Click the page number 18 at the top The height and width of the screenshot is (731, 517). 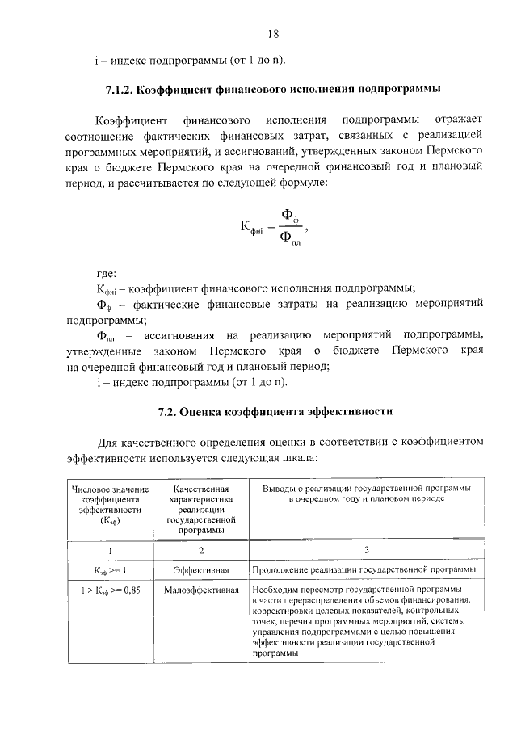click(x=273, y=34)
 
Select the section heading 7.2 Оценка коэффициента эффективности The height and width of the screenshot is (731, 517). click(x=275, y=411)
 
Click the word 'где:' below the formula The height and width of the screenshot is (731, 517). click(x=106, y=273)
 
